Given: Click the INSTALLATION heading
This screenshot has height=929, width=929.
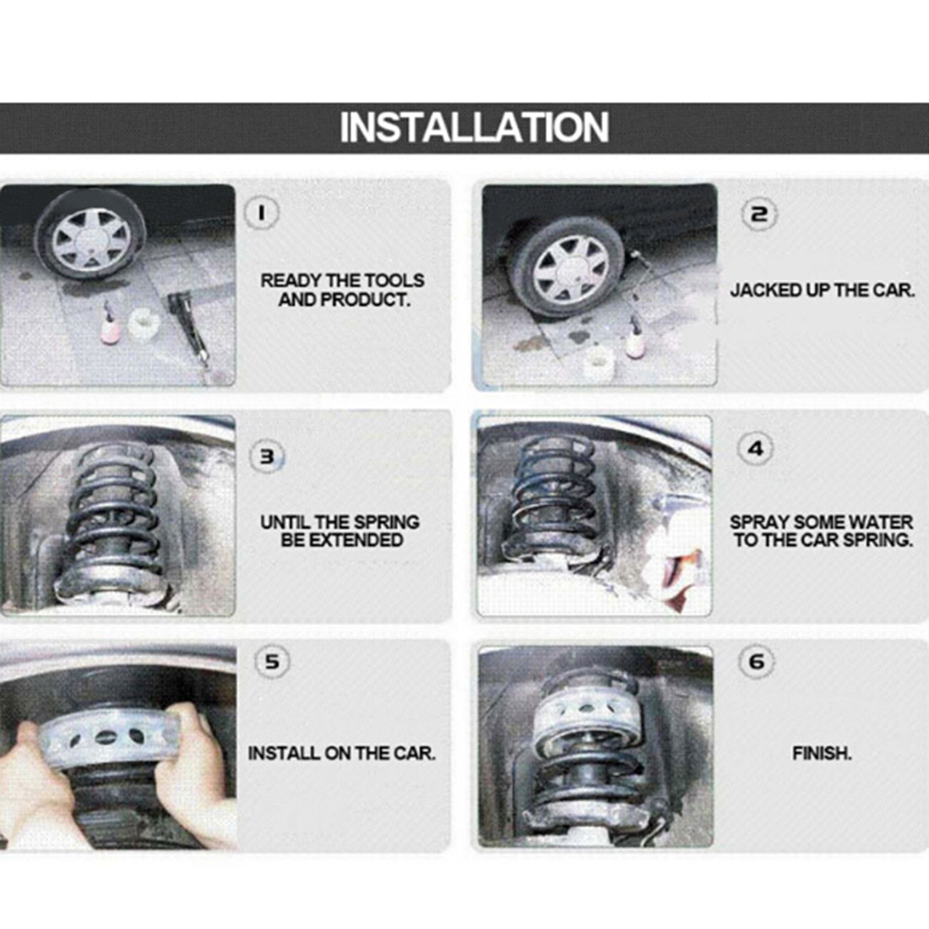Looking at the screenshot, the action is click(x=474, y=127).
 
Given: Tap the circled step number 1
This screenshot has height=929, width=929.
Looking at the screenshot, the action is click(x=261, y=212).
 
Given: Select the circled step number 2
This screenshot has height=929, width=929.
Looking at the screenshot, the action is click(x=759, y=214).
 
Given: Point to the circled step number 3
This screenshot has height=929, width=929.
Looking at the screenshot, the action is click(x=268, y=456).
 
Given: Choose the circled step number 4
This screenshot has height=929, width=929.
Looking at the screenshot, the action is click(x=756, y=449).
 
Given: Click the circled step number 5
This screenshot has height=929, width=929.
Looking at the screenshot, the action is click(x=272, y=661).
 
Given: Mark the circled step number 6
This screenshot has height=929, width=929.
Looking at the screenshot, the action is click(x=757, y=661).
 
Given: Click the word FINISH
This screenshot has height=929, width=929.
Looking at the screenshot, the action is click(x=821, y=753).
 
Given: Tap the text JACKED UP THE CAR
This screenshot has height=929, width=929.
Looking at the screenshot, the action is click(x=822, y=289).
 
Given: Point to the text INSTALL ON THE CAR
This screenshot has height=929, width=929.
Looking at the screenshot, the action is click(x=341, y=753).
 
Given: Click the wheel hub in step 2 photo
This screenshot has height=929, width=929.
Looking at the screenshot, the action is click(x=570, y=272).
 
